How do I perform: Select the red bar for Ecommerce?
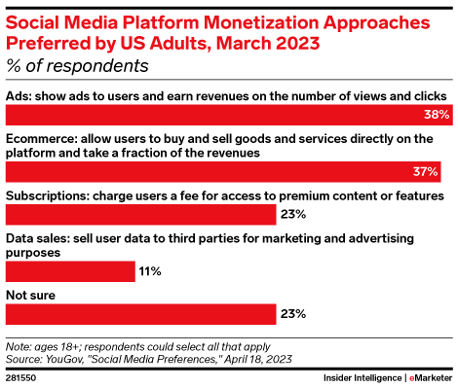point(223,171)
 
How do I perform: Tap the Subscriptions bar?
point(140,214)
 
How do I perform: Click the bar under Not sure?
point(140,313)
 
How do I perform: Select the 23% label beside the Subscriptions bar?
point(293,214)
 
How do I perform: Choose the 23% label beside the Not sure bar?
point(293,313)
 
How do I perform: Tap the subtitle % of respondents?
point(78,66)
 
